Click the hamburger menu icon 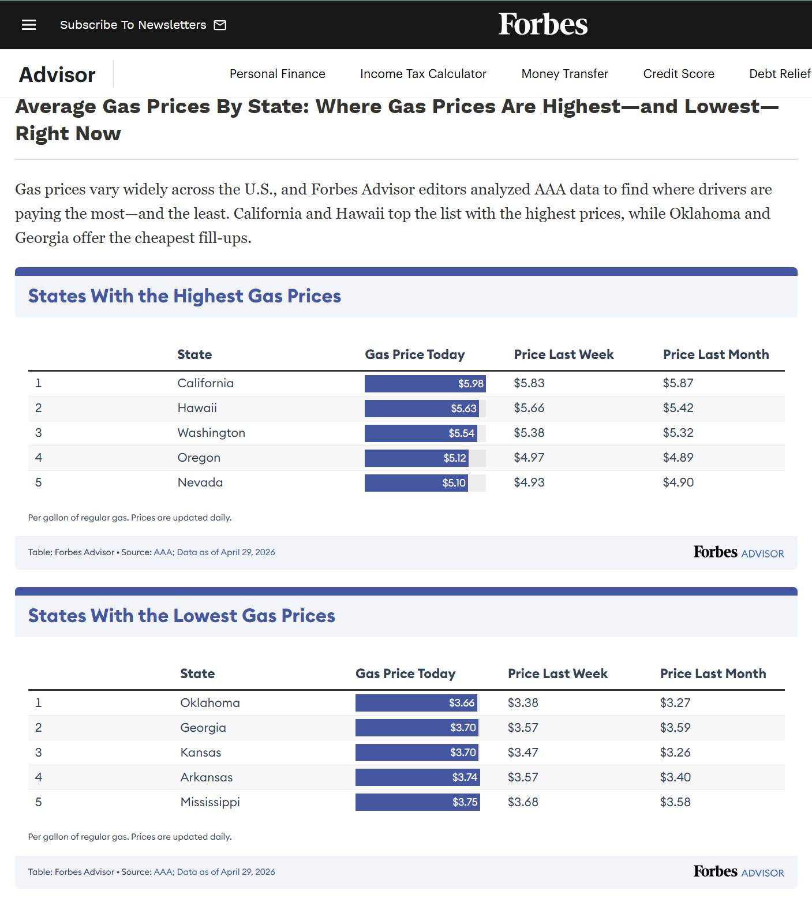pos(29,25)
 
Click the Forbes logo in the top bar pos(543,24)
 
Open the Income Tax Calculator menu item pos(423,74)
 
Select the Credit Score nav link pos(679,74)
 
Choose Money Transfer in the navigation pos(565,74)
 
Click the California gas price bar pos(425,384)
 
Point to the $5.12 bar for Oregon pos(416,458)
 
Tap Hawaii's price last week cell pos(529,408)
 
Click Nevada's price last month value pos(678,482)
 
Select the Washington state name pos(211,433)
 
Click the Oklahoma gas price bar pos(416,703)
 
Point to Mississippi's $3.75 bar pos(418,802)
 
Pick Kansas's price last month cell pos(675,753)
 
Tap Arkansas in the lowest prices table pos(207,777)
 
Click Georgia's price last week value pos(523,728)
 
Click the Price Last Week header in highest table pos(564,354)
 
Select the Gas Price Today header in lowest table pos(406,673)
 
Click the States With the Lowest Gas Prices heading pos(182,616)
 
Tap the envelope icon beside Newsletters pos(220,25)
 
